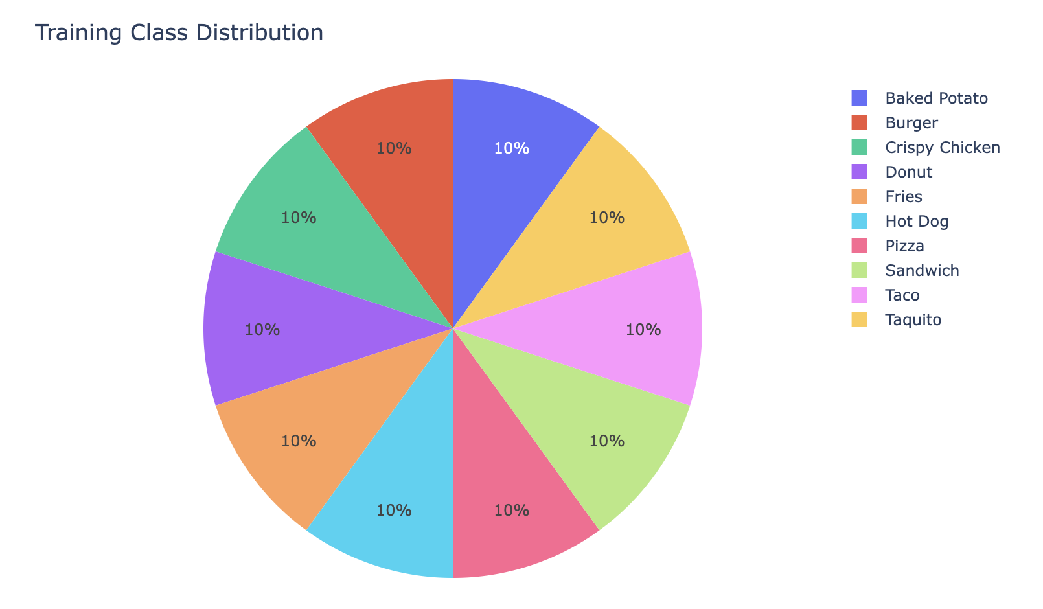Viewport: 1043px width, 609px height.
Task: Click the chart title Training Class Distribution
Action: pos(179,32)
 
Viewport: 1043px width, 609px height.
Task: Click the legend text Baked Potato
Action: pos(936,98)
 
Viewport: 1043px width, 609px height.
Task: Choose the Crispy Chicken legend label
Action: pos(943,148)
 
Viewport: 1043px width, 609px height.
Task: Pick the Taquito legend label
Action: pos(913,320)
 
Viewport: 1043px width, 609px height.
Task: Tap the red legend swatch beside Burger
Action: pos(859,123)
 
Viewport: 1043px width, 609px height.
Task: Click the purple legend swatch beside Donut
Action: pos(859,172)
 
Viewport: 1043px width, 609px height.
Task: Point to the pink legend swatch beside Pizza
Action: pos(859,246)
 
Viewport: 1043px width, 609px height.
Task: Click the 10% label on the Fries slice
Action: pos(299,441)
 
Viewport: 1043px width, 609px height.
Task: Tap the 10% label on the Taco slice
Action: pos(643,330)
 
